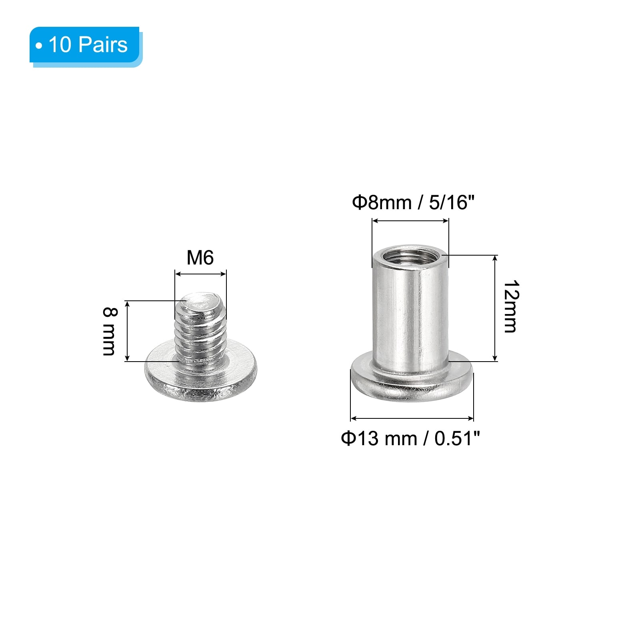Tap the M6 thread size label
[x=200, y=258]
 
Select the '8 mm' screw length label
[x=109, y=331]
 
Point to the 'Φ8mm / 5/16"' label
[x=413, y=202]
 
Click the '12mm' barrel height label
[x=511, y=306]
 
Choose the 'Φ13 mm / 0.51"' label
[x=410, y=438]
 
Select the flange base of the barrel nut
[x=412, y=380]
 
